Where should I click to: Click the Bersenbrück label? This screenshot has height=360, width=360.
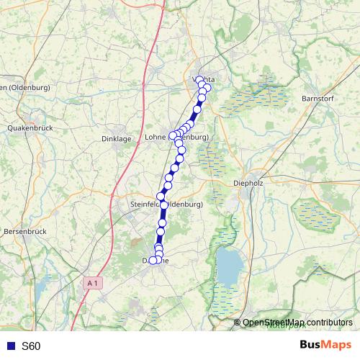click(25, 232)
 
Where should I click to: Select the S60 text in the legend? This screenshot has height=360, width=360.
click(31, 346)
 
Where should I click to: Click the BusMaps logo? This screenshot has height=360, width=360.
click(326, 346)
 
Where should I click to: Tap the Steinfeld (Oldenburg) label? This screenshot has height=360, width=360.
click(166, 204)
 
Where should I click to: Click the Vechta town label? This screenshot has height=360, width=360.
click(204, 80)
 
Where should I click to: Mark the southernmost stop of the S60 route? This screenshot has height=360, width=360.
click(153, 261)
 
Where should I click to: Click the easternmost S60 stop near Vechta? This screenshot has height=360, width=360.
click(207, 88)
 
